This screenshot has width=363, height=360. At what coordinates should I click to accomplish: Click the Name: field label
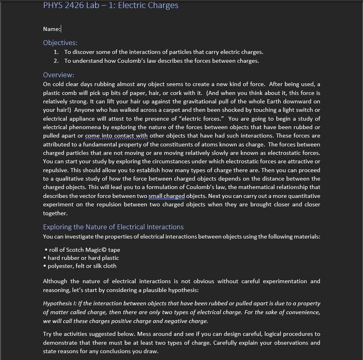point(52,29)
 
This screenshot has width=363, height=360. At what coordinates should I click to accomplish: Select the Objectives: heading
point(60,43)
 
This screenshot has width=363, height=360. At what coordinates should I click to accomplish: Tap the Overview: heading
point(58,75)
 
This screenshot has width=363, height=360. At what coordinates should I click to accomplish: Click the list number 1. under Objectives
point(56,52)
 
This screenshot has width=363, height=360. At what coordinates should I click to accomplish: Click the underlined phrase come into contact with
point(116,136)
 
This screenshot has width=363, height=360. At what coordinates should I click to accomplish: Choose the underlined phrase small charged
point(167,196)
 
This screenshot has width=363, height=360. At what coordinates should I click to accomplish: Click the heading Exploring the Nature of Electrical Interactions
point(113,227)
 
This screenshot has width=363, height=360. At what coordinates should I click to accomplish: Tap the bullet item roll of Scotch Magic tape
point(84,250)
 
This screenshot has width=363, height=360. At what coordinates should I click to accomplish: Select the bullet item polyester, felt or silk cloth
point(82,266)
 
